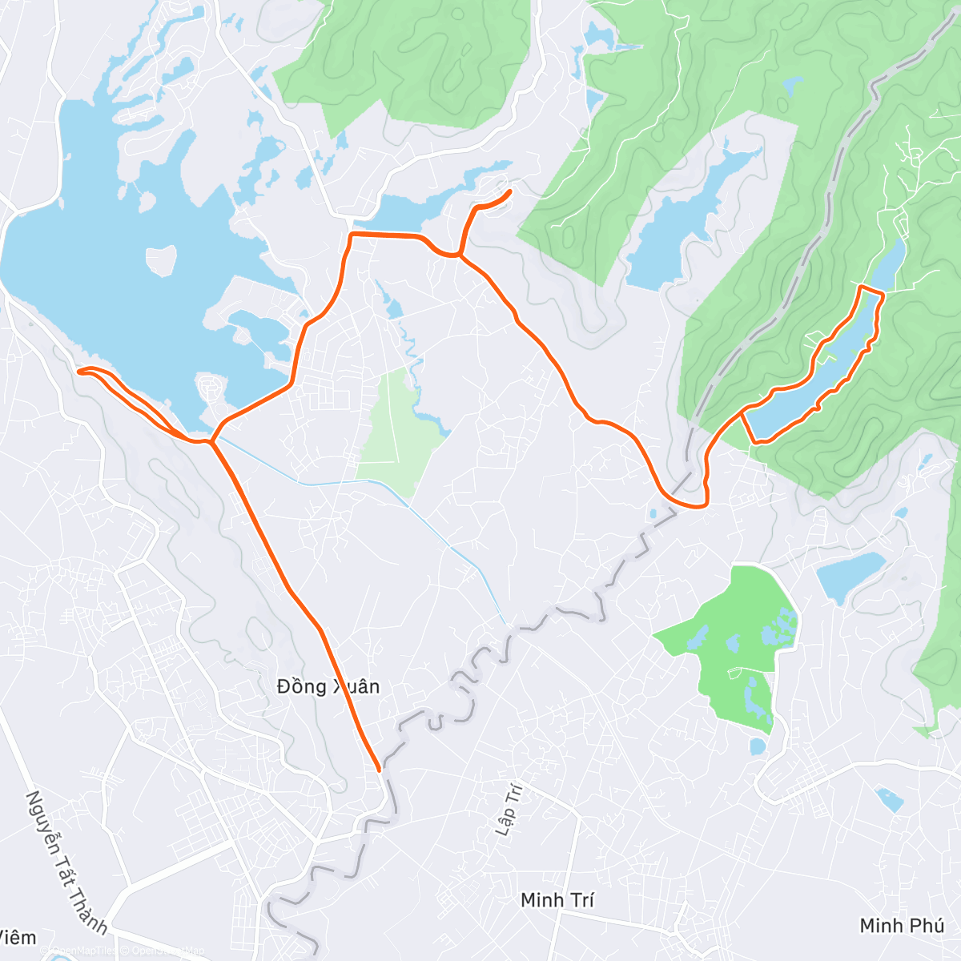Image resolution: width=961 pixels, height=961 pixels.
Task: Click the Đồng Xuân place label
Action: pos(328,686)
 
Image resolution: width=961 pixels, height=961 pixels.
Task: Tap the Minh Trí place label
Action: pos(557,900)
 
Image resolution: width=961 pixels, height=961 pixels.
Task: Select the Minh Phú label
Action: pos(902,926)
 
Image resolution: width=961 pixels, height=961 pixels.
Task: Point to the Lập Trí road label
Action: pos(509,810)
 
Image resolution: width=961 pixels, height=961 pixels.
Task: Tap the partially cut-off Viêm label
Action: pos(17,937)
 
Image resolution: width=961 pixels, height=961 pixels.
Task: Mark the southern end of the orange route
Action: pos(379,770)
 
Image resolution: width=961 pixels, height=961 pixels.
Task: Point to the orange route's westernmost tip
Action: pos(78,371)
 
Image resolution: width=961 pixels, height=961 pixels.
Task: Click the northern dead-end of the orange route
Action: pos(510,191)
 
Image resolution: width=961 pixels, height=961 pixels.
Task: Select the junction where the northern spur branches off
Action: pos(460,255)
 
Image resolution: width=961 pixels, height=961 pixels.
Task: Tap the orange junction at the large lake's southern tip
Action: pos(210,440)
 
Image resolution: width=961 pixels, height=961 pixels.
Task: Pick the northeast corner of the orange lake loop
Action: pos(883,296)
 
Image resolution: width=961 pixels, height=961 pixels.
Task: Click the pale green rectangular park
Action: pos(392,424)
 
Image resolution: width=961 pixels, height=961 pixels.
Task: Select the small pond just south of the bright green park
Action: pos(758,747)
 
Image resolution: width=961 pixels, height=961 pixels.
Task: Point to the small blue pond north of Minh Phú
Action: pos(889,798)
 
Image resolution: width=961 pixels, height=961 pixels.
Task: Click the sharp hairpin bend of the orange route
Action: pos(705,502)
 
